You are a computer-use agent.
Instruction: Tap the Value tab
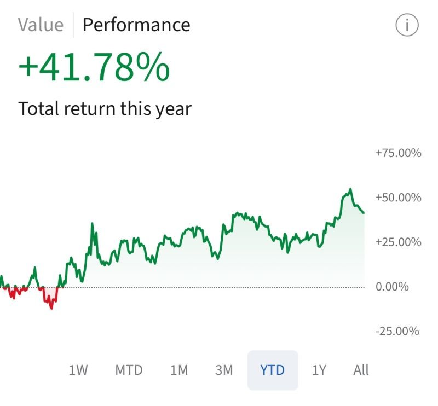(40, 25)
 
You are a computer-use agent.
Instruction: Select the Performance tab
(136, 25)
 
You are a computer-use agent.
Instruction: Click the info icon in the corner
(406, 25)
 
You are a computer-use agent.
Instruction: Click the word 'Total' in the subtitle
(38, 108)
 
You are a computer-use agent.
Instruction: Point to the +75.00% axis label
(398, 153)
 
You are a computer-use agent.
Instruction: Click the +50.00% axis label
(398, 198)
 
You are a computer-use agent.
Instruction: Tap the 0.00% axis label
(392, 287)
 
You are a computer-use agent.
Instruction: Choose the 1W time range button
(78, 370)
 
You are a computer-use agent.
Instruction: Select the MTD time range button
(129, 370)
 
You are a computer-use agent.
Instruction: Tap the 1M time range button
(179, 370)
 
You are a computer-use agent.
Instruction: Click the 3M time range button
(224, 370)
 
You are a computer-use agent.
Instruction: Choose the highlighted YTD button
(273, 370)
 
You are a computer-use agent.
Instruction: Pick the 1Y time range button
(319, 370)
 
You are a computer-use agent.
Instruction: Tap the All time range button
(361, 370)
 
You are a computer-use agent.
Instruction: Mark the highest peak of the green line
(350, 189)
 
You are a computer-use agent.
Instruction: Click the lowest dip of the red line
(52, 308)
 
